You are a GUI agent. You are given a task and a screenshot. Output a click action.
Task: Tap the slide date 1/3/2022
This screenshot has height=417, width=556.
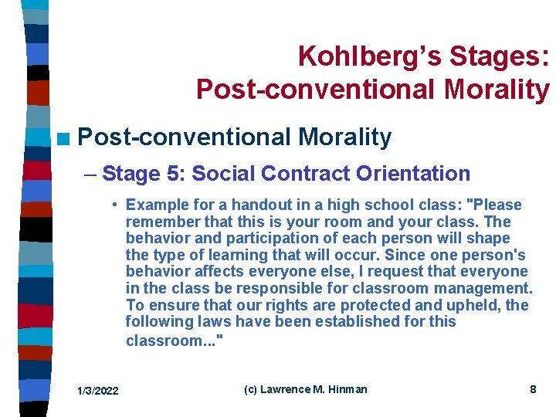click(97, 391)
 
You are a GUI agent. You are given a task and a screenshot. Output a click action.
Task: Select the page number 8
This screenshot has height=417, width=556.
click(533, 389)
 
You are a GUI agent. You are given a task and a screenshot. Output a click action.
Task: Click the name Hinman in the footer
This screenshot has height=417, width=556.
click(348, 389)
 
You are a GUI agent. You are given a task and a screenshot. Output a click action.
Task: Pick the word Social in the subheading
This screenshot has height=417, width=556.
click(220, 174)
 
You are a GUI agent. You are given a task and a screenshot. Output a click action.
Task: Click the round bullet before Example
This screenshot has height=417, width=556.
click(114, 205)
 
